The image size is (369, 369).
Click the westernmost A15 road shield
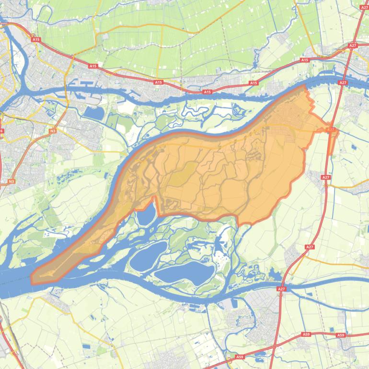click(x=36, y=39)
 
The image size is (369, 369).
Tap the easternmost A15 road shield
click(x=304, y=60)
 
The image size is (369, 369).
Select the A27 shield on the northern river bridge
click(x=343, y=83)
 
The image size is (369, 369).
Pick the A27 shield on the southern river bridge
click(x=281, y=289)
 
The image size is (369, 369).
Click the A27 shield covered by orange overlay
click(x=331, y=129)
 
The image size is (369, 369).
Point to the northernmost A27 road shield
click(x=364, y=8)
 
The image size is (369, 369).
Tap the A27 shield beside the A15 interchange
click(x=353, y=46)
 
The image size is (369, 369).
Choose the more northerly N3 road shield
click(x=53, y=131)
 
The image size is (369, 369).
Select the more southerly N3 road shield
click(x=11, y=181)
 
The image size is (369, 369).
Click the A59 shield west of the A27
click(x=240, y=357)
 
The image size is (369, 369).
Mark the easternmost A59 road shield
click(x=341, y=335)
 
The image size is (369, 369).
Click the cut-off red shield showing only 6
click(x=1, y=131)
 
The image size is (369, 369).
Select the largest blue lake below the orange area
click(x=184, y=272)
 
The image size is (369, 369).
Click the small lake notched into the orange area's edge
click(x=146, y=214)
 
